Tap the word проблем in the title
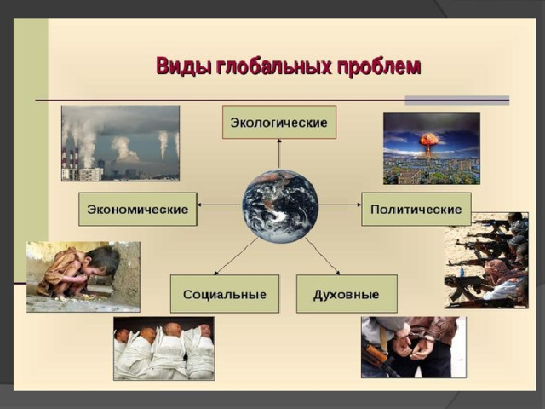point(379,66)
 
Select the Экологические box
point(279,123)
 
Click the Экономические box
point(138,210)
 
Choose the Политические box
point(416,210)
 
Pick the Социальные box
point(225,294)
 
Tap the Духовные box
point(347,294)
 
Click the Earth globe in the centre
point(280,206)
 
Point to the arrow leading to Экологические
point(279,153)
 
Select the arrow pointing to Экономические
point(220,204)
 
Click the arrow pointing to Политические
point(340,204)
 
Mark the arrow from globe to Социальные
point(236,256)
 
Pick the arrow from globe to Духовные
point(323,256)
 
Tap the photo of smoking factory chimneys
point(121,143)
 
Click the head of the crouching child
point(102,260)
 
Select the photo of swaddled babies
point(164,349)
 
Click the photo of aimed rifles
point(486,261)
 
